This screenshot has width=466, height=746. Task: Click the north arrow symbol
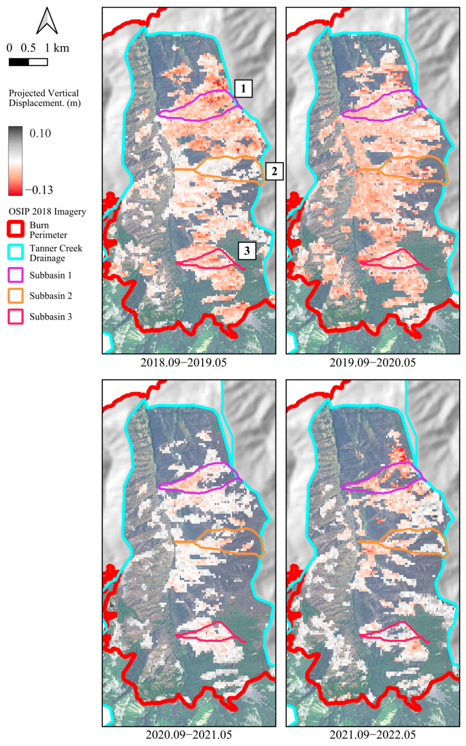click(47, 21)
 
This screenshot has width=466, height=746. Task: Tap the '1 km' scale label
click(57, 48)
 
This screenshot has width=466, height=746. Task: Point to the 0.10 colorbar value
click(40, 133)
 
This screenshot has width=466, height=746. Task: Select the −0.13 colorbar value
click(39, 190)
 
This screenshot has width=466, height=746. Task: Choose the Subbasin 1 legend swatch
click(15, 275)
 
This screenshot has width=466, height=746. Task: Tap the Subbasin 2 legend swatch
click(15, 296)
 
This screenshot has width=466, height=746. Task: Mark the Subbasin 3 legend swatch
click(15, 317)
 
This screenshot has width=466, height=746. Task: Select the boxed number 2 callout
click(274, 171)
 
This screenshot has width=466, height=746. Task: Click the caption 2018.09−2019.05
click(183, 362)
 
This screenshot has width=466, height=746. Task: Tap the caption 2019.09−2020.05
click(373, 362)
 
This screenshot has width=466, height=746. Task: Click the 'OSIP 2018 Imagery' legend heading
click(47, 212)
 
